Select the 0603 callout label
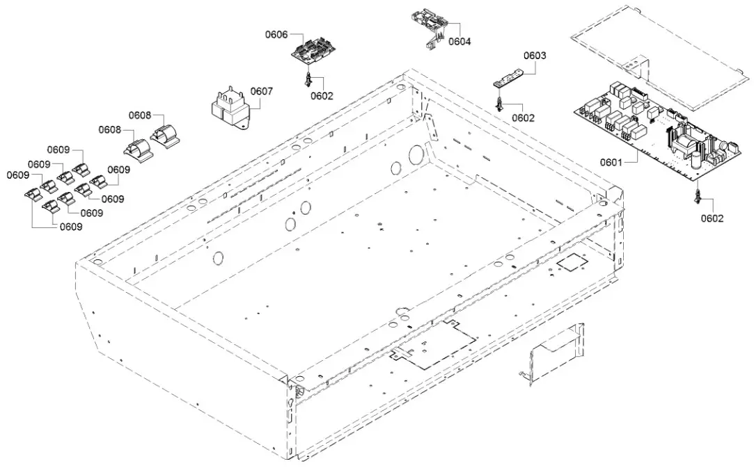(x=535, y=55)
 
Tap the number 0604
(x=460, y=42)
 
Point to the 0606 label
(x=276, y=34)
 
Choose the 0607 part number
(x=262, y=91)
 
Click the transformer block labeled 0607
(x=228, y=110)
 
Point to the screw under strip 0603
(x=499, y=104)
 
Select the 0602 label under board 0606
(x=322, y=96)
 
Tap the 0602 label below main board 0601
(x=712, y=218)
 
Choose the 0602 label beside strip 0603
(x=523, y=118)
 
